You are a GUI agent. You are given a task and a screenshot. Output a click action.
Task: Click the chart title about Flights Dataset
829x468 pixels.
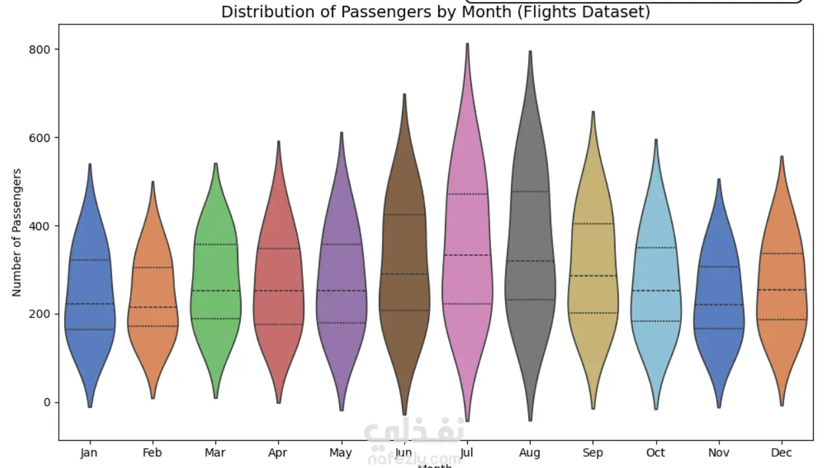435,12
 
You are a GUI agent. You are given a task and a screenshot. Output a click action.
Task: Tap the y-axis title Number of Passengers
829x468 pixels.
17,232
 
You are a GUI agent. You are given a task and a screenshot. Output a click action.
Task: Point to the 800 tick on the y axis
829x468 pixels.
44,50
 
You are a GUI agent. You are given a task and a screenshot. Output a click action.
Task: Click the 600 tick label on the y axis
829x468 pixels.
44,138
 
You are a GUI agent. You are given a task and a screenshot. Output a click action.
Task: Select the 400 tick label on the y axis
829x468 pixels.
44,226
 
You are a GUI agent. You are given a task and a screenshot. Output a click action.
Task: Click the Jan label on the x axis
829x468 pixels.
89,453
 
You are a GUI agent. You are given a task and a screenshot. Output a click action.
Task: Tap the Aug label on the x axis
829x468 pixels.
529,453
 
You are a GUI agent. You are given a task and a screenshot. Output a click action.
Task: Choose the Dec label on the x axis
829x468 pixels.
781,453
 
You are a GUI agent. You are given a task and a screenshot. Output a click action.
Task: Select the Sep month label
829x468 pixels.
593,453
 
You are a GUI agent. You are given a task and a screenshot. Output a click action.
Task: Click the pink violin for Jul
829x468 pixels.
467,264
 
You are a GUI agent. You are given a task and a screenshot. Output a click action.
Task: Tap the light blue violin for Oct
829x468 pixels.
655,277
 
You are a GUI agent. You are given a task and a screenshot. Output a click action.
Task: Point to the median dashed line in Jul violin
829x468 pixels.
467,255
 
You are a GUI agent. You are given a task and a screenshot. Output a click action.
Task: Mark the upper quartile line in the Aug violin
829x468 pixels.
530,191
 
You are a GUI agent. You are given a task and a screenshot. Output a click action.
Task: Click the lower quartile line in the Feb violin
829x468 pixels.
152,326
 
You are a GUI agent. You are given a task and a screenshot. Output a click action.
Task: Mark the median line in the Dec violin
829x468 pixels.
781,290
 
